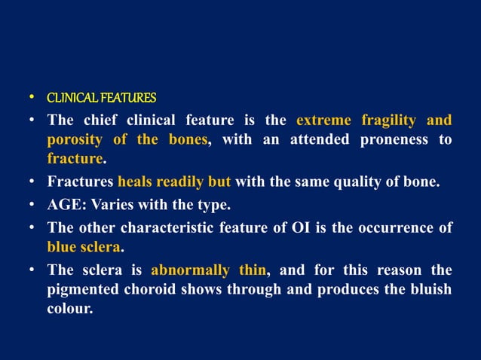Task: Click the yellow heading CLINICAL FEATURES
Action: click(x=102, y=98)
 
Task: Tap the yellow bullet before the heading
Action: click(x=32, y=98)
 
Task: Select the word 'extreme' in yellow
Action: click(x=323, y=120)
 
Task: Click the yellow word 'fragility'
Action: click(x=389, y=120)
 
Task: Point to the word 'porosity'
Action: click(x=75, y=139)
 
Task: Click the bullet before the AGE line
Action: click(x=32, y=205)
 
